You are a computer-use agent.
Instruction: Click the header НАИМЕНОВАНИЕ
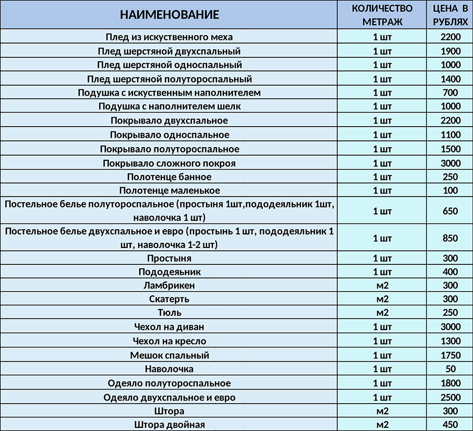coord(169,15)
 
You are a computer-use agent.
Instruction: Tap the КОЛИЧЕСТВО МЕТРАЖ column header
coord(382,15)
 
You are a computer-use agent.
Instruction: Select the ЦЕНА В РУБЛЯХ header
coord(450,15)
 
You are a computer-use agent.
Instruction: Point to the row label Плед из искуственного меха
coord(169,37)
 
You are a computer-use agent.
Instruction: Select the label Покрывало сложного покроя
coord(169,163)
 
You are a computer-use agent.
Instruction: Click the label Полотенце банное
coord(169,177)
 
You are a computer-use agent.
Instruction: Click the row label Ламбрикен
coord(169,285)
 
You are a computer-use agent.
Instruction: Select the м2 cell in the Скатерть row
coord(382,299)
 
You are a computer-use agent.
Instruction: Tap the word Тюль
coord(169,313)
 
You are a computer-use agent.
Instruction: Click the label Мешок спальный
coord(169,355)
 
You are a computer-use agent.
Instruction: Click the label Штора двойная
coord(169,424)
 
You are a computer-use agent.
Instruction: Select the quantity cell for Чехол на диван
coord(382,327)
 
